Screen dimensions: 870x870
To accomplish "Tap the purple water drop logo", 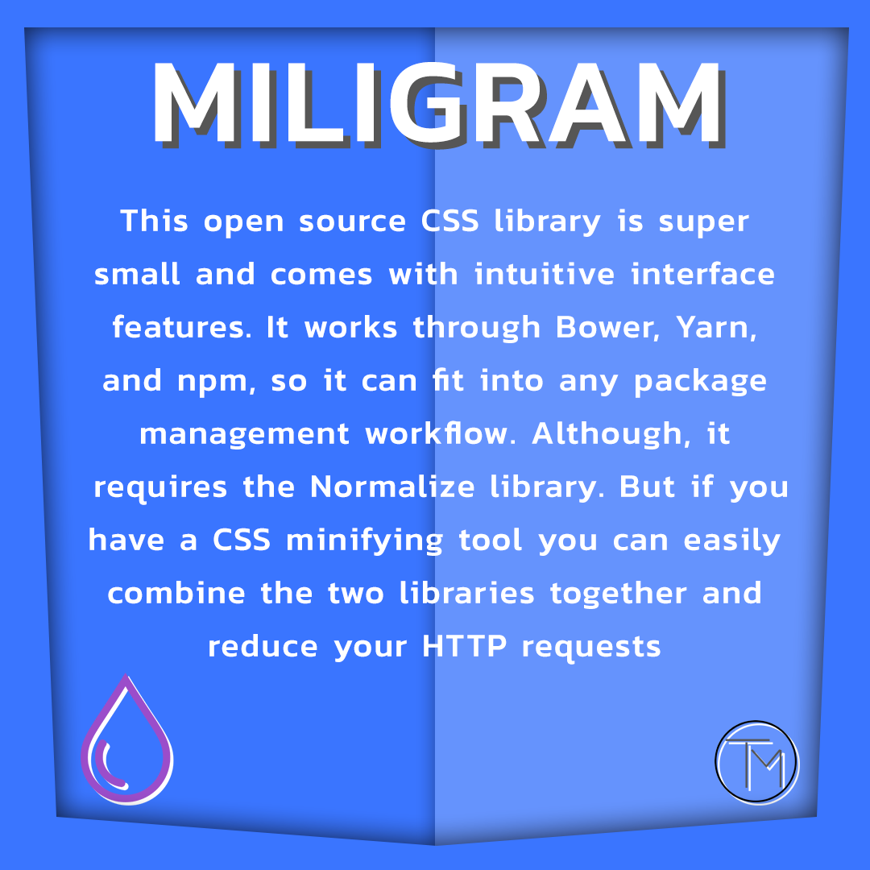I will (x=126, y=741).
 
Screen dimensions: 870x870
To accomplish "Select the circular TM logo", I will (x=756, y=762).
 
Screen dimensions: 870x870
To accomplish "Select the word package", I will (x=700, y=382).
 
